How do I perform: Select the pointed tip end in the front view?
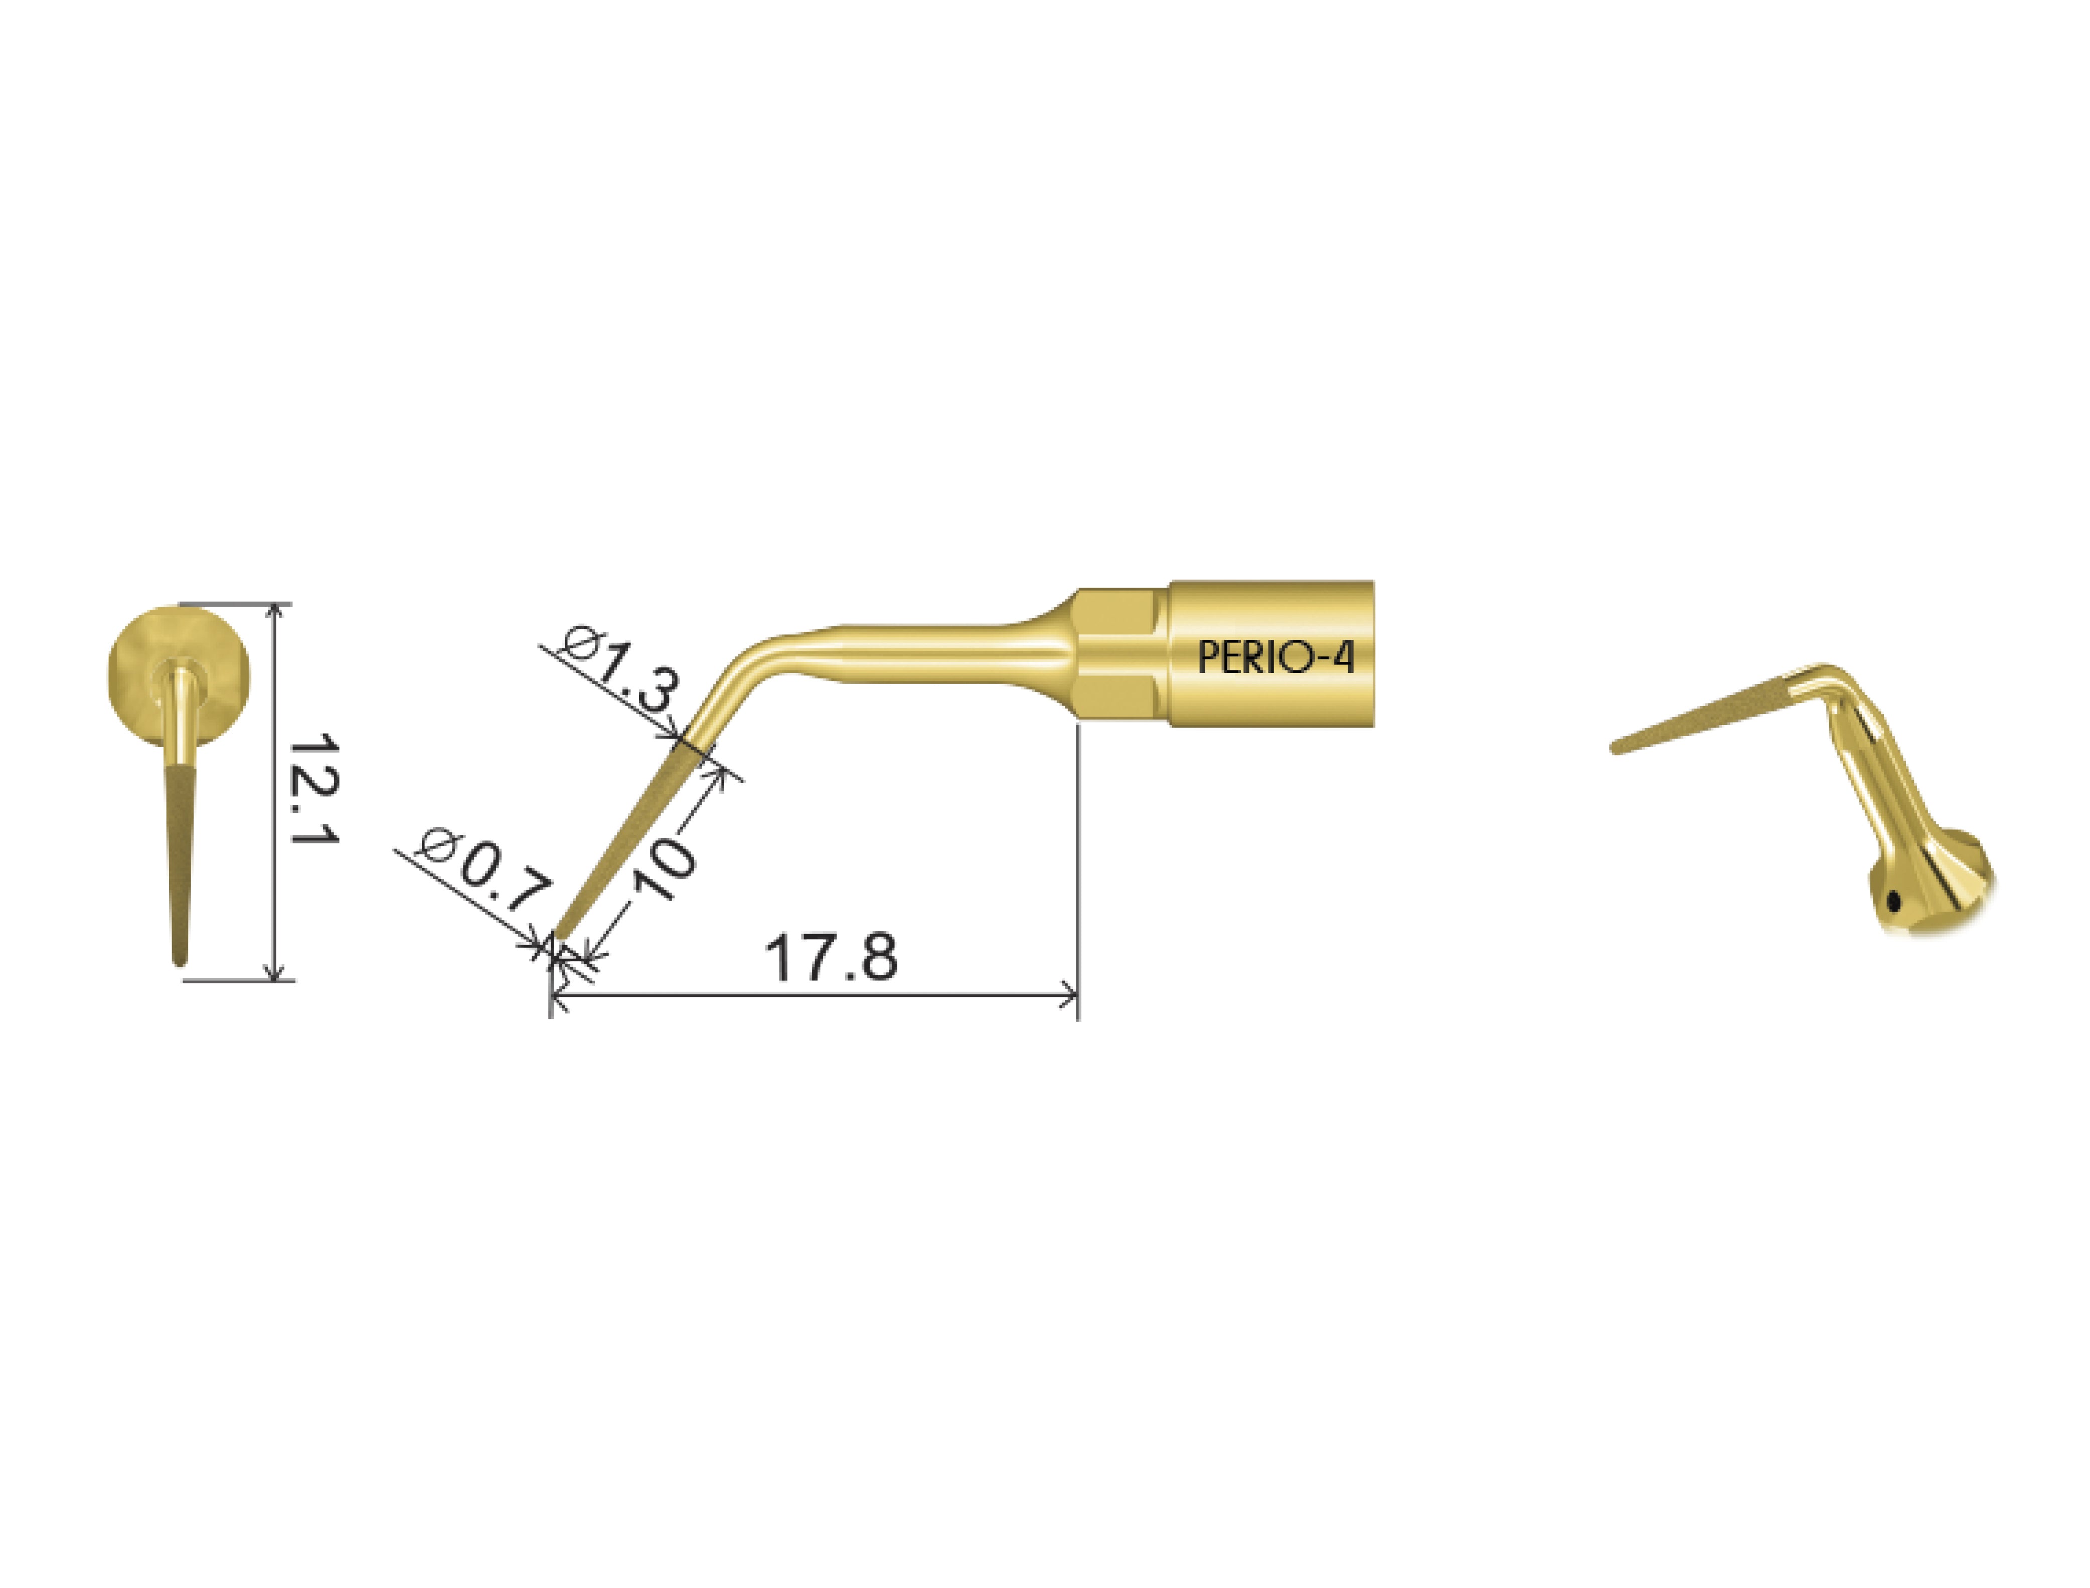pos(180,959)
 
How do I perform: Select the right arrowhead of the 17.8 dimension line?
pos(1071,994)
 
